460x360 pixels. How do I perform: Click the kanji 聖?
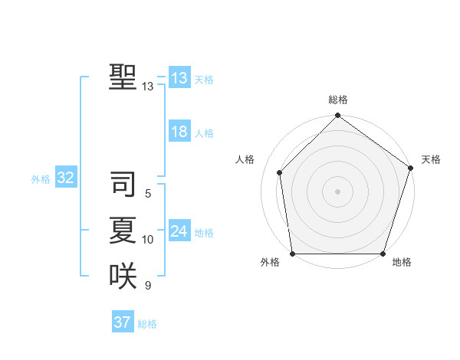coord(123,77)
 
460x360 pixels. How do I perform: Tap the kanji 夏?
coord(123,231)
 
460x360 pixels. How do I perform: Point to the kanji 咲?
coord(123,276)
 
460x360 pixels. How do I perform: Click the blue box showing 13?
coord(179,78)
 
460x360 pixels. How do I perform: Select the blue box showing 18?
coord(179,132)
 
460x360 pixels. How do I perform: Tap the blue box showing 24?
coord(179,231)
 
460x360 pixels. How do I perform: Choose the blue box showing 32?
coord(65,178)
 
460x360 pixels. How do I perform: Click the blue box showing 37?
coord(123,322)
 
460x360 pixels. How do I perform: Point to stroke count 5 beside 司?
coord(148,195)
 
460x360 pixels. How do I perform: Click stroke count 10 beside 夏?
coord(148,240)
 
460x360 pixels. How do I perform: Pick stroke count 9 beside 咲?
coord(148,286)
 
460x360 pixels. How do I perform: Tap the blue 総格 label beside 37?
coord(147,324)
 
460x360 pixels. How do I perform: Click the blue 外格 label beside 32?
coord(41,179)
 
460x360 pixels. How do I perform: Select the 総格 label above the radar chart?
coord(338,100)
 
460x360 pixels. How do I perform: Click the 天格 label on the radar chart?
coord(432,159)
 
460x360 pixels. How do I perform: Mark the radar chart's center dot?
coord(338,191)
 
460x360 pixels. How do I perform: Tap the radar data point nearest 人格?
coord(280,172)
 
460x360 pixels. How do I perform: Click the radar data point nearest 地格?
coord(383,254)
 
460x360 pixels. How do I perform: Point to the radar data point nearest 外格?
coord(293,254)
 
